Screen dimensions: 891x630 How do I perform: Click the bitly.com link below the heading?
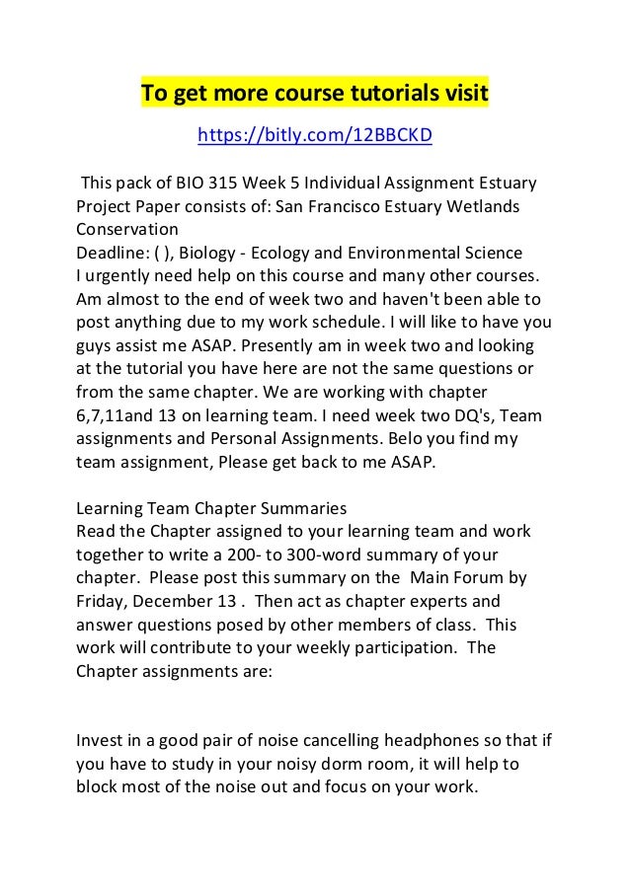tap(315, 135)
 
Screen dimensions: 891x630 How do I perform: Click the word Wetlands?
tap(481, 206)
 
